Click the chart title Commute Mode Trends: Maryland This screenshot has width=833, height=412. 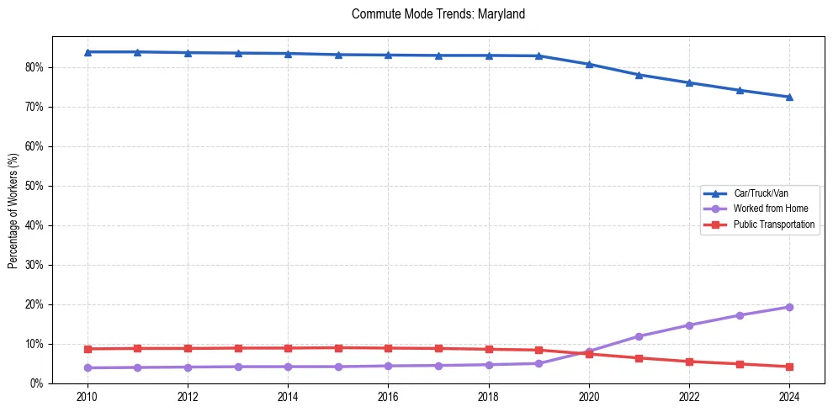(438, 14)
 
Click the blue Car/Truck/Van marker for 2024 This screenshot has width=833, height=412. (789, 97)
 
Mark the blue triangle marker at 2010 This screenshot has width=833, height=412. (88, 52)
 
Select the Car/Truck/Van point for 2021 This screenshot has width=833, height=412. (639, 75)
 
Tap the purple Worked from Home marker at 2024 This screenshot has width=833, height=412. (789, 307)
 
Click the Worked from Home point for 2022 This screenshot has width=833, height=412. (689, 325)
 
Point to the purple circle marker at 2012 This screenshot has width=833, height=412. (188, 367)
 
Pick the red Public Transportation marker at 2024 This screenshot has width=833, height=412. (789, 367)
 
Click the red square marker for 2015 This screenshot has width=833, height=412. (338, 347)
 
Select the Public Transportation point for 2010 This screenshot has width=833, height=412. (88, 349)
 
